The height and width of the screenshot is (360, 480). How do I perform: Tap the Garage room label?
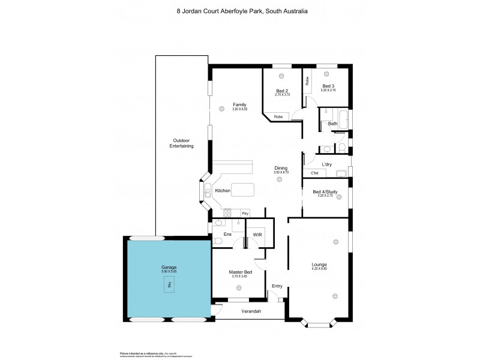pos(169,267)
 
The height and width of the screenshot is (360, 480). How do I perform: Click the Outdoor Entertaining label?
pos(182,143)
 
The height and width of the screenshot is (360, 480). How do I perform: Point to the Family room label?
pos(239,105)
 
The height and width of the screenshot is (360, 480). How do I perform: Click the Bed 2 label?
pos(282,91)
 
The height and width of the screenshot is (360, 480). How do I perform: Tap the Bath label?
pos(332,124)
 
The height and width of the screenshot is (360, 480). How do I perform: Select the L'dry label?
pos(326,164)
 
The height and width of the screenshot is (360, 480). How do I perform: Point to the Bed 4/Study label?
pos(325,192)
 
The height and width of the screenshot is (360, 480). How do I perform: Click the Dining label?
pos(281,168)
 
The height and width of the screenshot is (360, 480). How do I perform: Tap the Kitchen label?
pos(223,191)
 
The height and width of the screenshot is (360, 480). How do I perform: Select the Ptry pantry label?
pos(245,213)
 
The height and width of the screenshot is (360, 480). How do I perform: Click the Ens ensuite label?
pos(227,234)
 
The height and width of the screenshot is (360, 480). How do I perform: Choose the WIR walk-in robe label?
pos(256,234)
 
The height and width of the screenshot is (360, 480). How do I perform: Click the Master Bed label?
pos(239,272)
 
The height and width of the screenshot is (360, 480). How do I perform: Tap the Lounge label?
pos(319,265)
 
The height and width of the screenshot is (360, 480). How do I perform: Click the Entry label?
pos(277,286)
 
